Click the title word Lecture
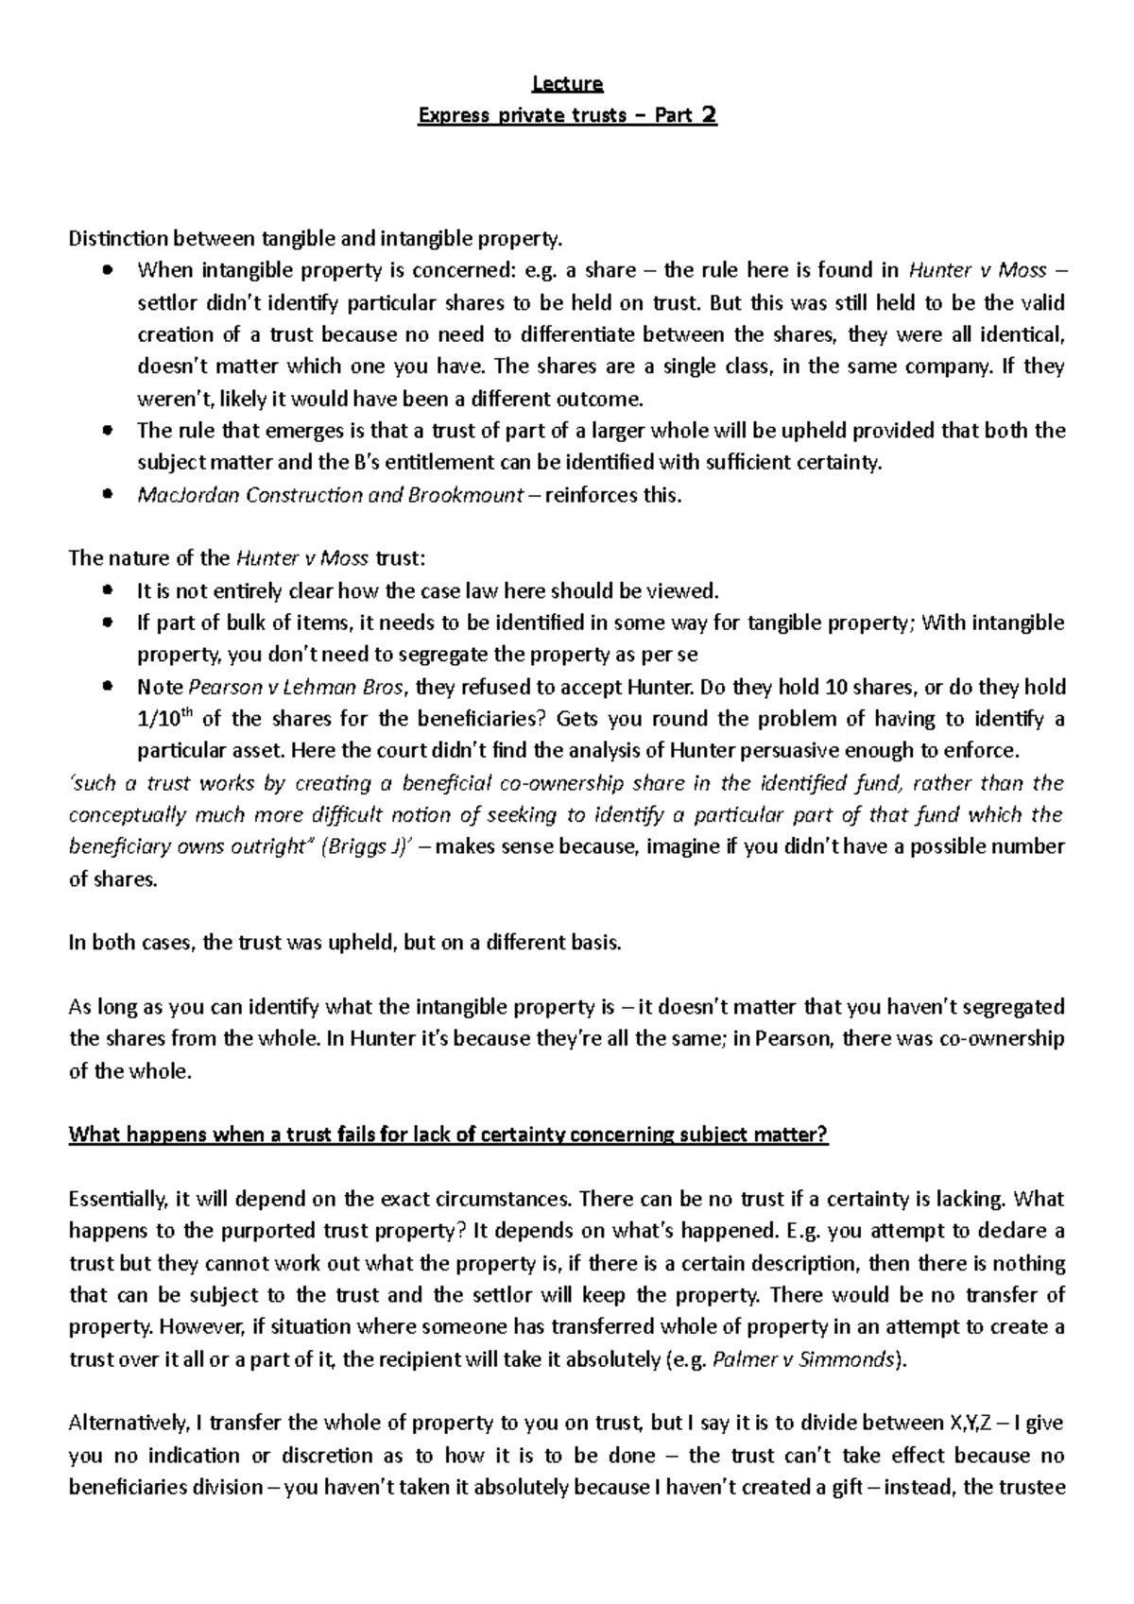567,83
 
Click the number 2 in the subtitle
708,115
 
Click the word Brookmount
466,494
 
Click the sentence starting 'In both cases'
346,943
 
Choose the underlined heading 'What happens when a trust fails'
448,1135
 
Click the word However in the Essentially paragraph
201,1327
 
